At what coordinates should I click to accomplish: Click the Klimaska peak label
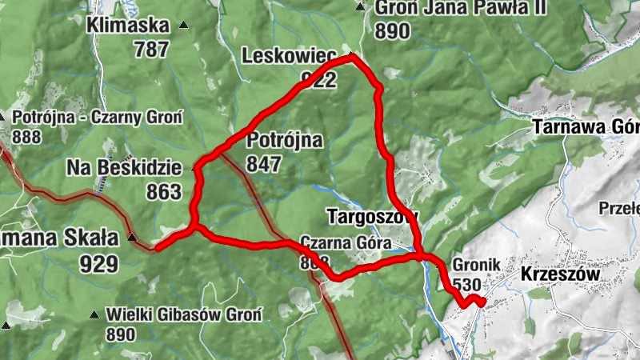point(130,25)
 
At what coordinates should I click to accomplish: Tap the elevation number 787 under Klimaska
point(152,49)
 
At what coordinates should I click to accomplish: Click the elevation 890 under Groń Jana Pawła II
point(391,31)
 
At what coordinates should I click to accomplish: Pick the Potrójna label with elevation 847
point(285,142)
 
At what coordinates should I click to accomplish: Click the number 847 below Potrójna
point(264,165)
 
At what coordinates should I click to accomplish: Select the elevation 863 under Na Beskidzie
point(165,192)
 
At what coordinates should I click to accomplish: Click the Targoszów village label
point(372,215)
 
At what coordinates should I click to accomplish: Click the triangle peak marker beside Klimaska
point(183,26)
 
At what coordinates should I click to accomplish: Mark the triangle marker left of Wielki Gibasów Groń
point(95,314)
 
